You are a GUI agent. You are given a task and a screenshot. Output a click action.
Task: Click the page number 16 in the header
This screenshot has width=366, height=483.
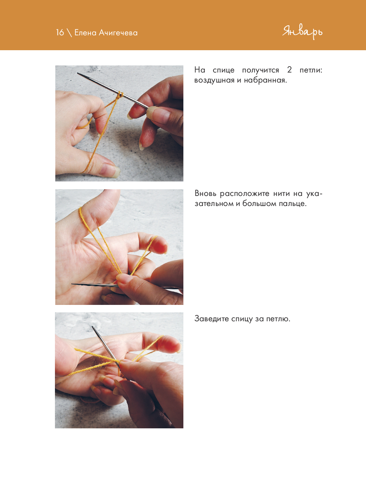(60, 33)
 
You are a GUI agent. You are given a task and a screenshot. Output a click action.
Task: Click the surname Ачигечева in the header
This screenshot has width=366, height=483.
(118, 33)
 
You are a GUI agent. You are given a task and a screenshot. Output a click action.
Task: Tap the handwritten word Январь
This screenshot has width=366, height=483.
(302, 32)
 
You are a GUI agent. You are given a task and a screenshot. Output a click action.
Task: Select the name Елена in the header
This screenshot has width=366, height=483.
(85, 33)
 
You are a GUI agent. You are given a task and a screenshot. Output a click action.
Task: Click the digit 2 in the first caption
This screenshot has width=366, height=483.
(290, 70)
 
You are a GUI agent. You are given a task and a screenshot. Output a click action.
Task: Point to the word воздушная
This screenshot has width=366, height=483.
(214, 80)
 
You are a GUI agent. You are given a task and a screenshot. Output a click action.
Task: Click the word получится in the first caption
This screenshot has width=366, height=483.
(261, 70)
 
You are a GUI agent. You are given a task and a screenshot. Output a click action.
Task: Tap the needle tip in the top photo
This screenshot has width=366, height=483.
(78, 73)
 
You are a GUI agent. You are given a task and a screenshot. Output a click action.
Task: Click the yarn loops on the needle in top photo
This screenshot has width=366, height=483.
(120, 95)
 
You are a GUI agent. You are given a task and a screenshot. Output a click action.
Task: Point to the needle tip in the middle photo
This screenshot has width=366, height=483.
(72, 284)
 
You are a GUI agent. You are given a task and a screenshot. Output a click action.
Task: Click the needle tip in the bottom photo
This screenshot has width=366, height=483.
(93, 327)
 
